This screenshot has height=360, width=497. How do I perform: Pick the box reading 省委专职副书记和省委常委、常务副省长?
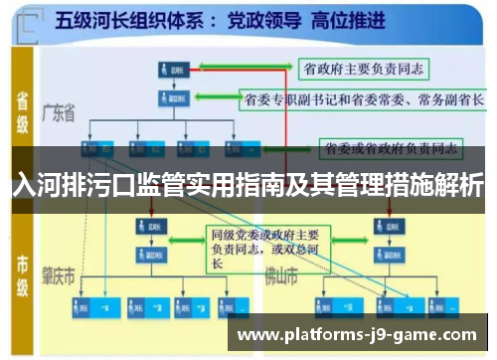pyautogui.click(x=363, y=98)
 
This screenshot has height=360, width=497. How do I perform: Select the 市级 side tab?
pyautogui.click(x=21, y=269)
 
